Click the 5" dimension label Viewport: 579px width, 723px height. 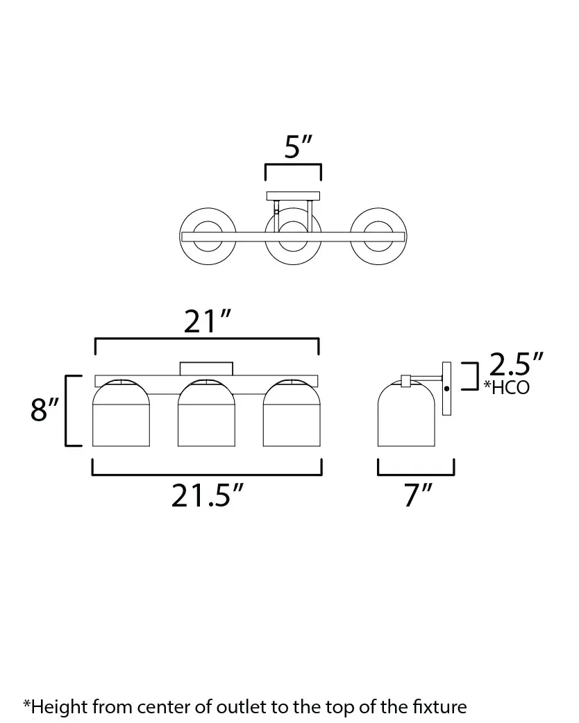point(298,147)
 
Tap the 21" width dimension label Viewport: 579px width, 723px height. point(207,321)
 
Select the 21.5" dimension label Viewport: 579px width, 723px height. point(207,495)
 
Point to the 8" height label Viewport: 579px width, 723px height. point(44,409)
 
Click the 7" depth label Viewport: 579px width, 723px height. point(418,495)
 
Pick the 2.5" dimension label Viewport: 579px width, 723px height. point(516,364)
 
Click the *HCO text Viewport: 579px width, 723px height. point(507,388)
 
